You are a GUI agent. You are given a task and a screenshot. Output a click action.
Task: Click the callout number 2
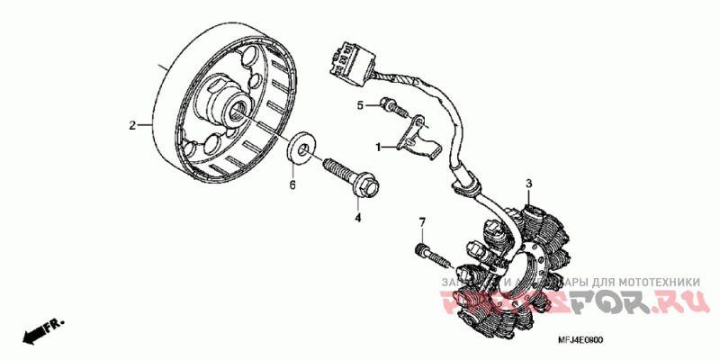[131, 125]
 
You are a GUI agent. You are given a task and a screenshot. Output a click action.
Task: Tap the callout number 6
[292, 185]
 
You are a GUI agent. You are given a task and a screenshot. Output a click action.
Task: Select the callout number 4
[357, 217]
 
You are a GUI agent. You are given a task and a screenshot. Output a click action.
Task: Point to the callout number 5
[359, 105]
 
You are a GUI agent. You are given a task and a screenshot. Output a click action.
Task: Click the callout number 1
[379, 147]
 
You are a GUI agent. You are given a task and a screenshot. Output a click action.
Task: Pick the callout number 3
[529, 184]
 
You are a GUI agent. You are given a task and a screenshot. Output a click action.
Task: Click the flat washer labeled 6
[302, 148]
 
